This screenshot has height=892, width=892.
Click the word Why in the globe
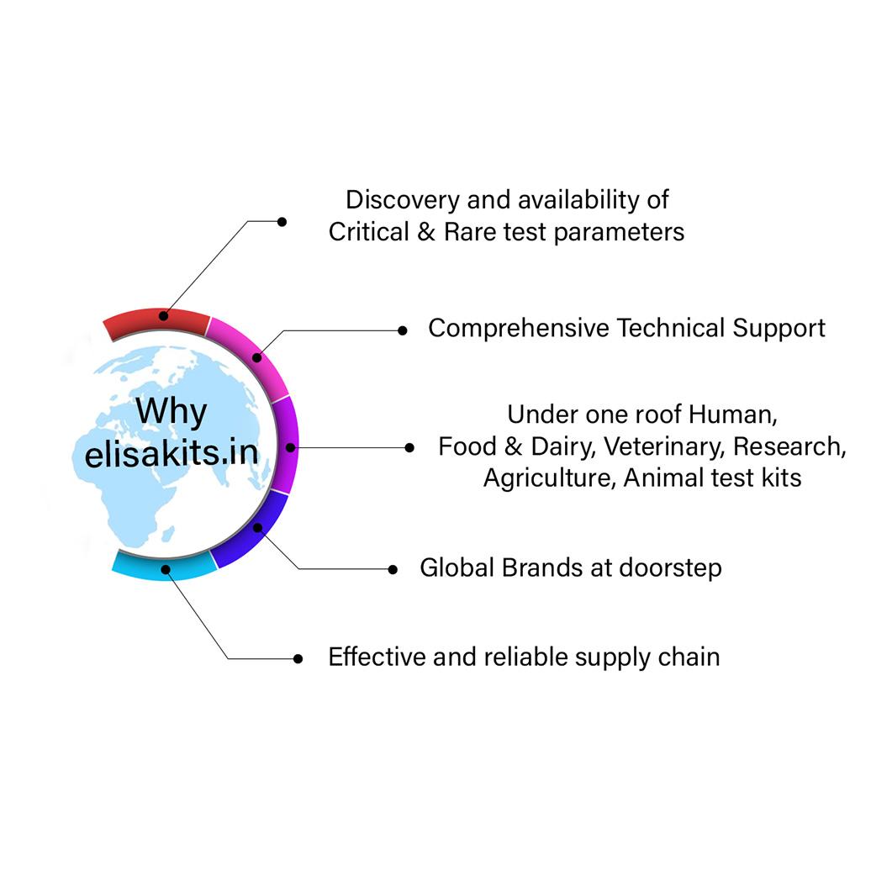pos(171,412)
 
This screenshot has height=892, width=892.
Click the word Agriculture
pos(549,478)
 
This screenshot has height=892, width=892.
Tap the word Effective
pos(377,657)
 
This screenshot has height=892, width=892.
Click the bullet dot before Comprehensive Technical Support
pos(403,330)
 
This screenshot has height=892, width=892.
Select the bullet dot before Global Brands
pos(393,569)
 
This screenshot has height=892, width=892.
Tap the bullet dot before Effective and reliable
pos(298,659)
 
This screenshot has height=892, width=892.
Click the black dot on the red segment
pos(163,316)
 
